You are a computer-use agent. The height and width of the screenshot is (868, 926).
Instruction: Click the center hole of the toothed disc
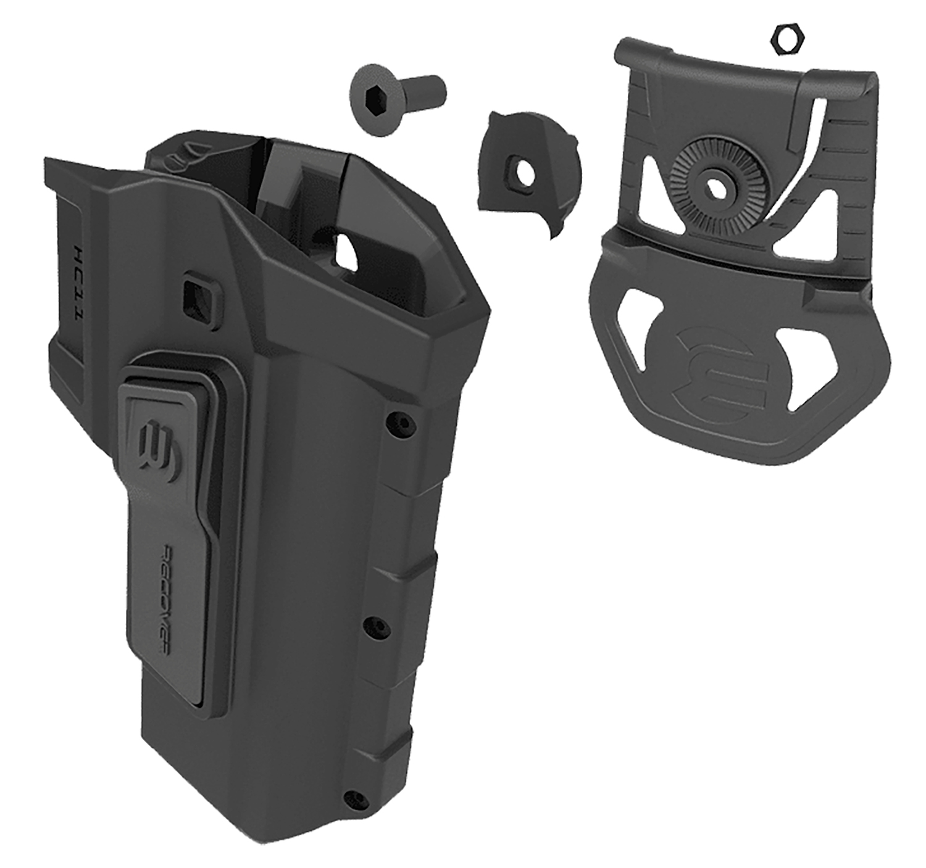(717, 186)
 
